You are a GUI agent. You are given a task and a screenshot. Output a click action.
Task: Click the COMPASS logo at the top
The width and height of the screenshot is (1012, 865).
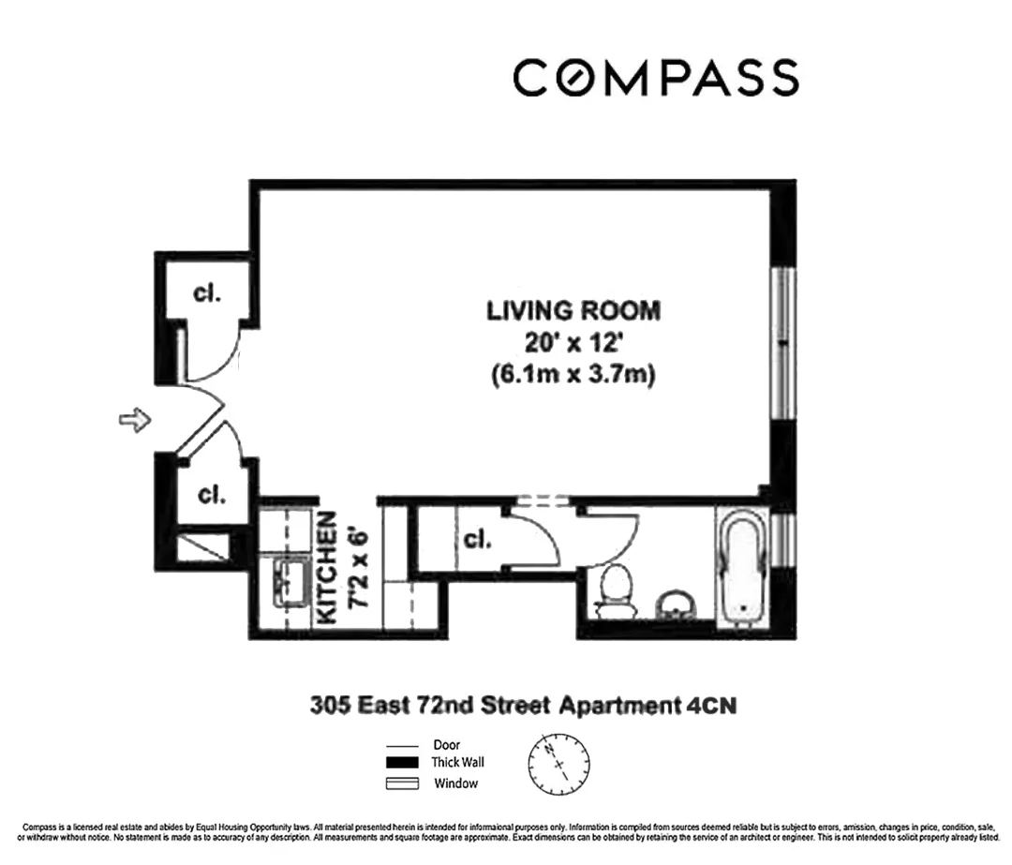click(x=655, y=77)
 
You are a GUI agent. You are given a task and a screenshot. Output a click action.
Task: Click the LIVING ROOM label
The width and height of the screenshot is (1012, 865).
click(x=573, y=310)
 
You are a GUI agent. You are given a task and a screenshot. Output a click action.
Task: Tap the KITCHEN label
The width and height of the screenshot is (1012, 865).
click(x=327, y=568)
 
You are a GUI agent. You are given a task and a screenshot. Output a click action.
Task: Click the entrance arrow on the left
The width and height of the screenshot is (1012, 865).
click(x=135, y=421)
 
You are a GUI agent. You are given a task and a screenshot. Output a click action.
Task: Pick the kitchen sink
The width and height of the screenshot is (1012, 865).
click(x=291, y=582)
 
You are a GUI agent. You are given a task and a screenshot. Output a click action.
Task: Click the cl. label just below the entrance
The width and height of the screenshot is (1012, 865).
click(x=211, y=494)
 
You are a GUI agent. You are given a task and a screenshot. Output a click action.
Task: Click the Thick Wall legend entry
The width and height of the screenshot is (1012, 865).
click(x=456, y=764)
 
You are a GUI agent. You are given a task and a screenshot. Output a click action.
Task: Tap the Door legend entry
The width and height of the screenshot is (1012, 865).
click(x=446, y=745)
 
